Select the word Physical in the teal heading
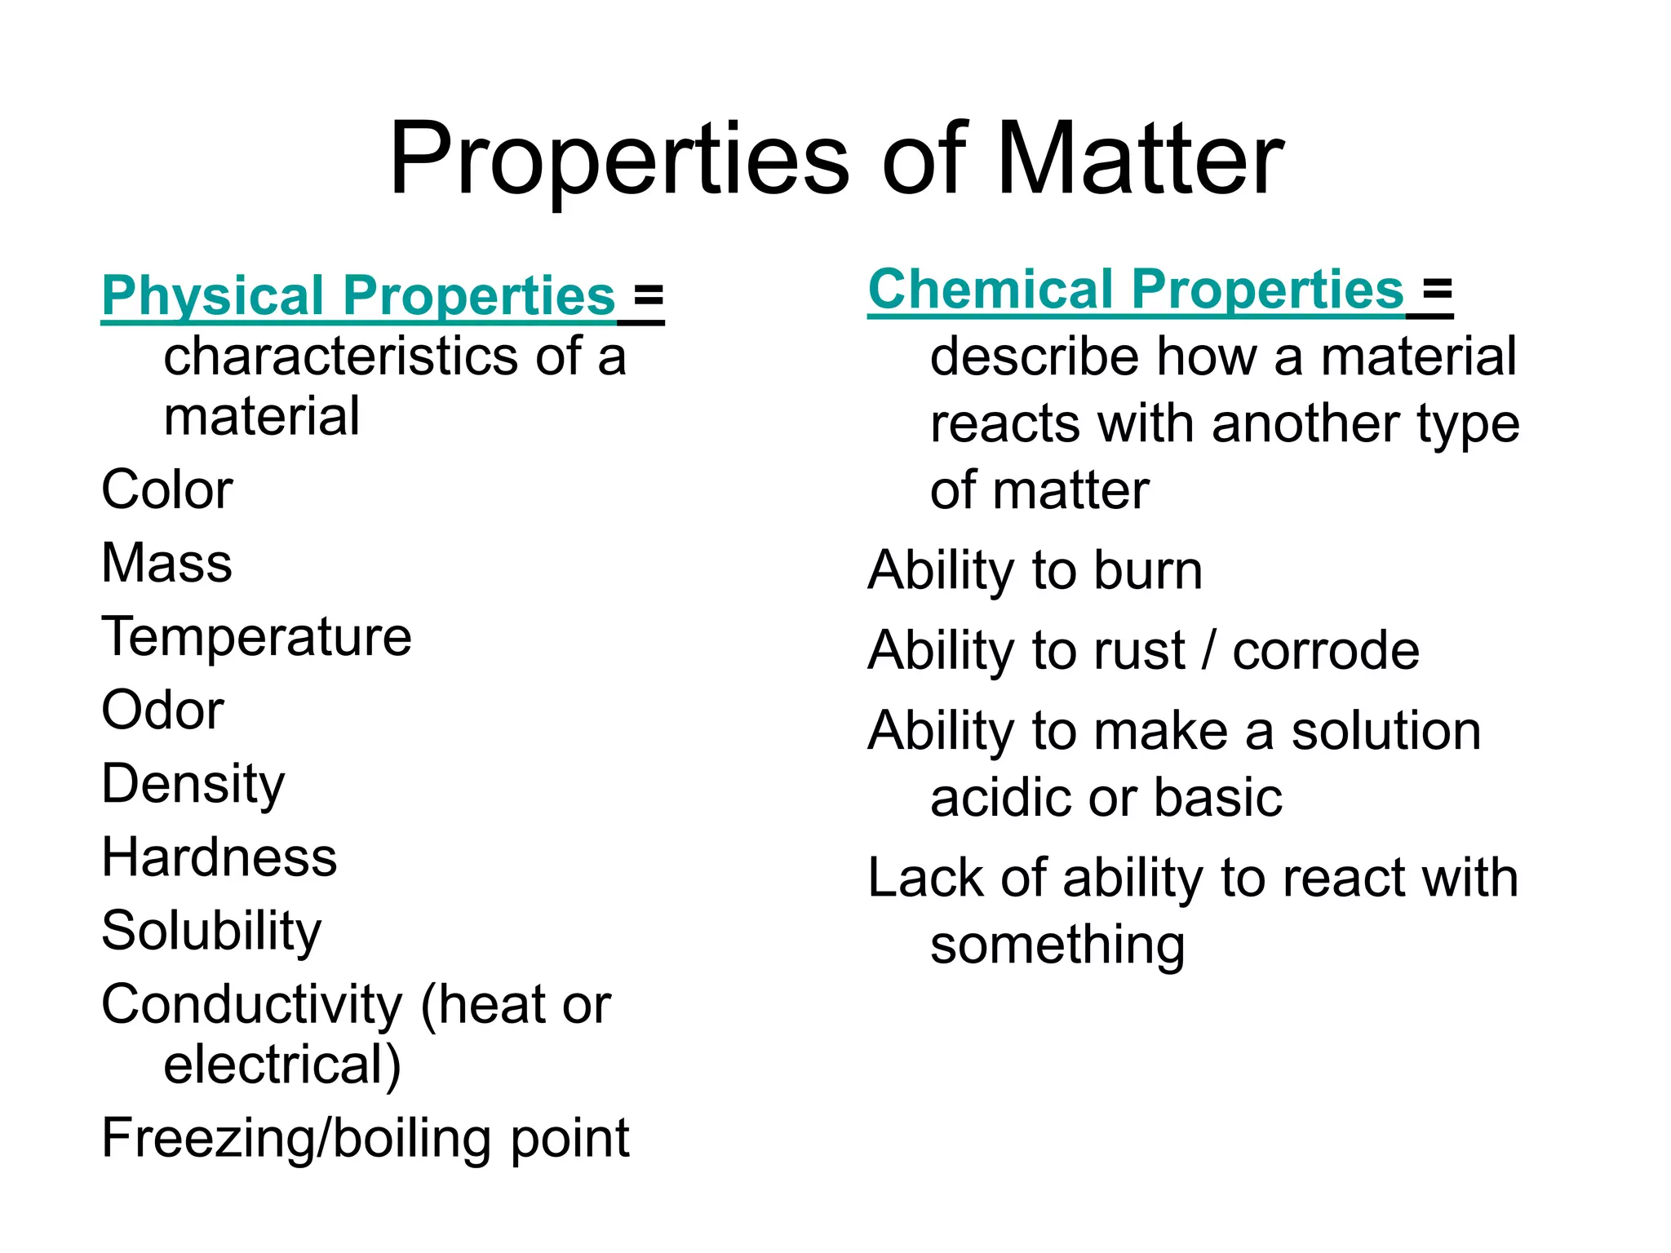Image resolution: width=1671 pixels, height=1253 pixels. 212,295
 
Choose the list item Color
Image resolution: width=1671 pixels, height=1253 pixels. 166,490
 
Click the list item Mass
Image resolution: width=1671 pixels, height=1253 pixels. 166,564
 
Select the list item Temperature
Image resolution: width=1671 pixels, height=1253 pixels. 256,637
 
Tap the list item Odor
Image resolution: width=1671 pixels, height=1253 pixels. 162,711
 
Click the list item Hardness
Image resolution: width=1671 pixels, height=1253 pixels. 219,857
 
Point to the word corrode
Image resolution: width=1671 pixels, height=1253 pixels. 1326,651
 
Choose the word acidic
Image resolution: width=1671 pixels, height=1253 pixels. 1003,798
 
